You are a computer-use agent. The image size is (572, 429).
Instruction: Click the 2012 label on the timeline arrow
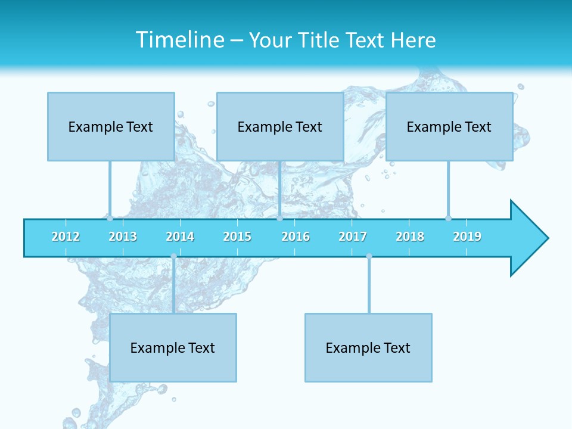click(66, 237)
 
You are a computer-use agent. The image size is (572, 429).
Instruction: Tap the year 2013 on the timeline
click(123, 237)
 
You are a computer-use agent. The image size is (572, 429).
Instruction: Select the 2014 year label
click(180, 237)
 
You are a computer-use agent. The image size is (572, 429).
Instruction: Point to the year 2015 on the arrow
click(237, 237)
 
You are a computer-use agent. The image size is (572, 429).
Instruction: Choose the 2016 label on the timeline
click(296, 237)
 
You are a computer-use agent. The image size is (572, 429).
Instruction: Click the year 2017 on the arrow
click(353, 237)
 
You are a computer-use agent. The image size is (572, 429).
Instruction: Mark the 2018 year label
click(410, 237)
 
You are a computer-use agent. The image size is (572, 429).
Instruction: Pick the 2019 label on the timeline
click(467, 237)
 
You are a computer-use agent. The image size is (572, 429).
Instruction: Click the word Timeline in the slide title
click(179, 40)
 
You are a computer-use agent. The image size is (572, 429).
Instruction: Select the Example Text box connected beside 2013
click(111, 126)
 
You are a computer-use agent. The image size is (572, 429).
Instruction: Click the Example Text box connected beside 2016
click(280, 126)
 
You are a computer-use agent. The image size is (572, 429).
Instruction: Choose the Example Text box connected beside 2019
click(449, 126)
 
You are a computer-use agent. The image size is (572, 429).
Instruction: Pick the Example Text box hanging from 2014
click(173, 347)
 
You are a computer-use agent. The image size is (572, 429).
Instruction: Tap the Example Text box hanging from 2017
click(368, 347)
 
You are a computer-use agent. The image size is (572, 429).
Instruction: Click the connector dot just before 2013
click(110, 218)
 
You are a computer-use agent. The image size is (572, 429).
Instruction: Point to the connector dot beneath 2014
click(173, 256)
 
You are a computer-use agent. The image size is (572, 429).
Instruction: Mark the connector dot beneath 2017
click(369, 256)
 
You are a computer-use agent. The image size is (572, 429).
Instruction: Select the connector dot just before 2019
click(448, 218)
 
